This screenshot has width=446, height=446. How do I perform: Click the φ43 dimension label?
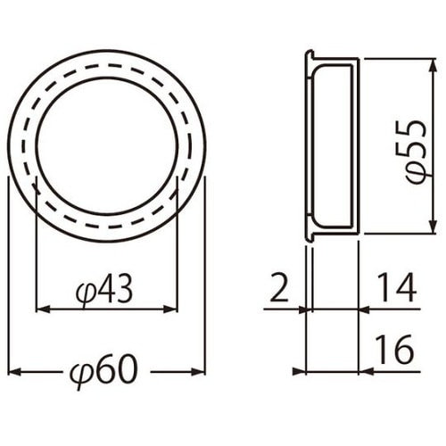pyautogui.click(x=103, y=291)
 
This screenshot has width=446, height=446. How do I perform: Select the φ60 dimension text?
pyautogui.click(x=104, y=370)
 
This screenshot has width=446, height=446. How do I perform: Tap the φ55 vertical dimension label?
pyautogui.click(x=416, y=152)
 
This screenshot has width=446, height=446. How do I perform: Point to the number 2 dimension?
pyautogui.click(x=279, y=288)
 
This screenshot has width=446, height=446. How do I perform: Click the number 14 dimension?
pyautogui.click(x=397, y=287)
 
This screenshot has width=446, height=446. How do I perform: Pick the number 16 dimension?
pyautogui.click(x=394, y=350)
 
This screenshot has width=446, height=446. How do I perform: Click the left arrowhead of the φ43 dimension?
pyautogui.click(x=43, y=310)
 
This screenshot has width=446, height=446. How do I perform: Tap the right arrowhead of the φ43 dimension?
pyautogui.click(x=170, y=310)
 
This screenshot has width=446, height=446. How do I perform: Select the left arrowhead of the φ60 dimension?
pyautogui.click(x=15, y=372)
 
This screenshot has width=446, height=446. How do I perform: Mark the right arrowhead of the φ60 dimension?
pyautogui.click(x=198, y=372)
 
